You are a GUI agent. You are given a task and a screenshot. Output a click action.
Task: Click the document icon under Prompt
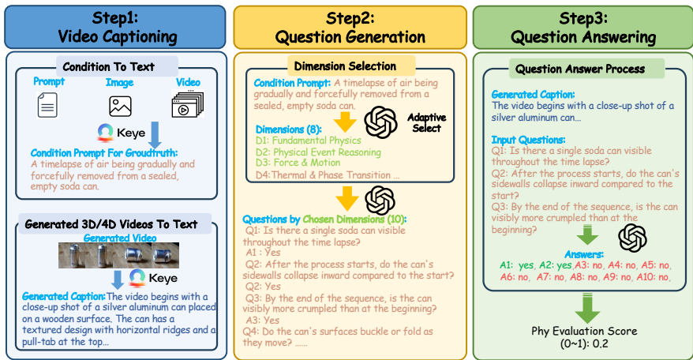coord(47,105)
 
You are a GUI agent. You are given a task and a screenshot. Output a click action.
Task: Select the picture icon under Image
coord(120,106)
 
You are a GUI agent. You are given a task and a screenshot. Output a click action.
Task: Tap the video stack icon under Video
coord(188,104)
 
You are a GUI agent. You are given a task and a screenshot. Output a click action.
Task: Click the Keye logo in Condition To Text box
coord(105,133)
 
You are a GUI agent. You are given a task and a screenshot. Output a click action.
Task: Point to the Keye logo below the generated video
coord(137,278)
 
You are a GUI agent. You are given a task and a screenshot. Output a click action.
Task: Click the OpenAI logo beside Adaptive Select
coord(380,122)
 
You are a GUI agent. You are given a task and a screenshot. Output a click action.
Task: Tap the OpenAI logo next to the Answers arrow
coord(632,238)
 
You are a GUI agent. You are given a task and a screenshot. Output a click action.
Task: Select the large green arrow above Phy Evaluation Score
coord(587,308)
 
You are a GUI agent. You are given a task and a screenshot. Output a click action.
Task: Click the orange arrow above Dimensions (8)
coord(345,122)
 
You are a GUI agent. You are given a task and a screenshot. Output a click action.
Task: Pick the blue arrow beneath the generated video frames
coord(118,279)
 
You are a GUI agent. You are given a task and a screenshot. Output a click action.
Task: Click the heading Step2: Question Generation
coord(350,28)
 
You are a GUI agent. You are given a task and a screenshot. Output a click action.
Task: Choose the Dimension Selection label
coord(345,66)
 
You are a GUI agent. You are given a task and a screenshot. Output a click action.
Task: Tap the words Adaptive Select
coord(426,123)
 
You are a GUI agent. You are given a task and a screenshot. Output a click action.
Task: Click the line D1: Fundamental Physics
coord(309,141)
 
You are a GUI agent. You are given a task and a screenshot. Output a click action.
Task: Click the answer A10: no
coord(652,277)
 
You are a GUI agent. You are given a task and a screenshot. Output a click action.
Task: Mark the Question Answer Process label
coord(580,69)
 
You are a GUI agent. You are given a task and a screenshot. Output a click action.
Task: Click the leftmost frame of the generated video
coord(73,255)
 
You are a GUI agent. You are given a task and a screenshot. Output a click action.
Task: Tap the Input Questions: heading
coord(528,141)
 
